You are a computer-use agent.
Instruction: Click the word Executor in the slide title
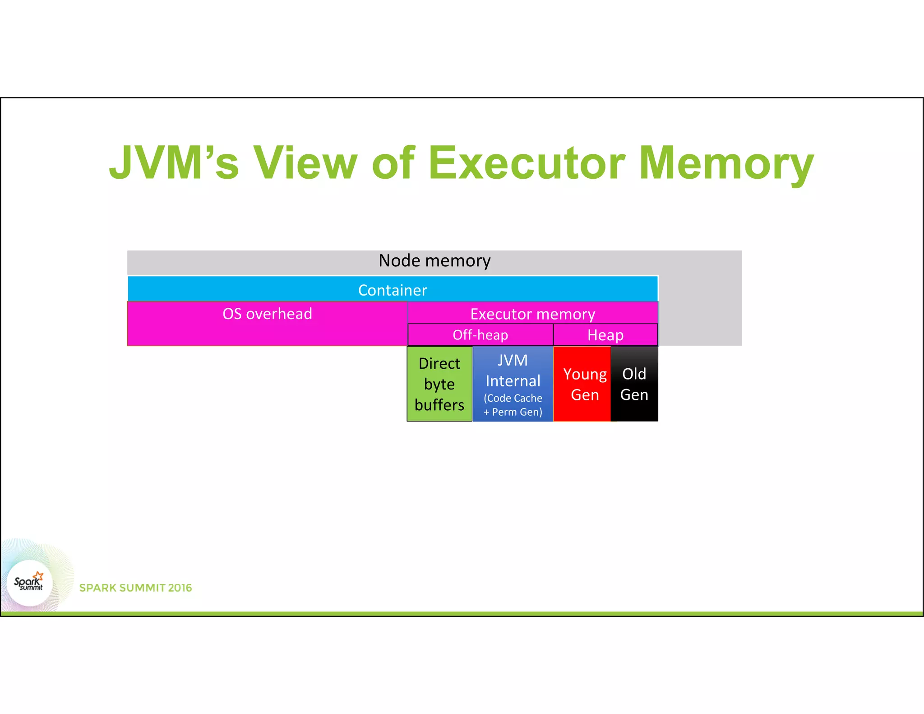point(526,163)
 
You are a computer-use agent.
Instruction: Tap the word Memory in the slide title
point(726,163)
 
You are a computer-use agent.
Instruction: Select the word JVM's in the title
point(174,163)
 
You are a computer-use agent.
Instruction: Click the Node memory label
point(434,261)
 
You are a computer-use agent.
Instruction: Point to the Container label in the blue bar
point(393,290)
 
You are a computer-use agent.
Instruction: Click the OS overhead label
point(267,314)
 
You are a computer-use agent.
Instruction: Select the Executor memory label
point(532,314)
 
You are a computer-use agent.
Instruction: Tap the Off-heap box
point(480,335)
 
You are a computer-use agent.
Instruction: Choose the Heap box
point(605,335)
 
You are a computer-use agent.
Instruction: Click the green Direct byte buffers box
point(439,384)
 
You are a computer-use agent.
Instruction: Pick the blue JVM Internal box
point(513,384)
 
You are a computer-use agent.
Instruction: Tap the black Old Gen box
point(634,384)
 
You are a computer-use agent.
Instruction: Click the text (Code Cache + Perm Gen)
point(513,405)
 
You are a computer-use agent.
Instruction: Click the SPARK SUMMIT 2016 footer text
point(135,588)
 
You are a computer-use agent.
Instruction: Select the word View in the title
point(305,163)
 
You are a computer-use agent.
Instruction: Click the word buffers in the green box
point(439,405)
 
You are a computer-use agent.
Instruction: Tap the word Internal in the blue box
point(513,381)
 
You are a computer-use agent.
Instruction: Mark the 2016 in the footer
point(180,588)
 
